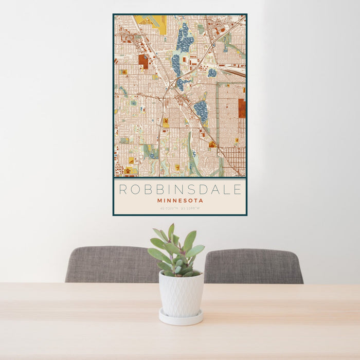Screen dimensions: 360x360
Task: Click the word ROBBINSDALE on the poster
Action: pos(180,189)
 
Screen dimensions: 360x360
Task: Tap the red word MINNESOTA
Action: pos(180,201)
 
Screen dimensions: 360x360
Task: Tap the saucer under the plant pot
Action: pos(180,318)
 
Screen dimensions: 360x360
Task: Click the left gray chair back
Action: pos(111,264)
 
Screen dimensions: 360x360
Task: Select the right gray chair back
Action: pos(254,266)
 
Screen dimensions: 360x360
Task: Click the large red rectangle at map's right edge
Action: pos(242,108)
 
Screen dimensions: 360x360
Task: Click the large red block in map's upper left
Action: pos(143,61)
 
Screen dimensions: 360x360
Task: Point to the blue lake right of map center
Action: pos(201,111)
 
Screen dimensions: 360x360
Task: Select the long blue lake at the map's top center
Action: pos(184,39)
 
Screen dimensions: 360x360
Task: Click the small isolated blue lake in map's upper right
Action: pos(212,73)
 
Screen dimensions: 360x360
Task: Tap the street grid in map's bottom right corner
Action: pos(233,159)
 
